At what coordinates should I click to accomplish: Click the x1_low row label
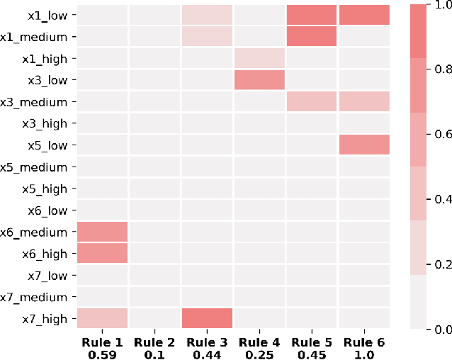pyautogui.click(x=47, y=15)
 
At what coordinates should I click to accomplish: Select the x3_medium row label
pyautogui.click(x=37, y=102)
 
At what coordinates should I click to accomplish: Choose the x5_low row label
pyautogui.click(x=47, y=145)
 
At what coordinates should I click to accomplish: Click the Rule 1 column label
pyautogui.click(x=102, y=341)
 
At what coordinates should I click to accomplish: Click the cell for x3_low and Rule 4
pyautogui.click(x=259, y=80)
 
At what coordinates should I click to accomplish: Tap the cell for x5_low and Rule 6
pyautogui.click(x=364, y=145)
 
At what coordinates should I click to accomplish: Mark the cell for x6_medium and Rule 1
pyautogui.click(x=102, y=232)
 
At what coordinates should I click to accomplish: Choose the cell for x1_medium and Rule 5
pyautogui.click(x=312, y=37)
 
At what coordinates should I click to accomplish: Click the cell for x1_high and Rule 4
pyautogui.click(x=259, y=59)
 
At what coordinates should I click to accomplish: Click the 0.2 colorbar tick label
pyautogui.click(x=442, y=264)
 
